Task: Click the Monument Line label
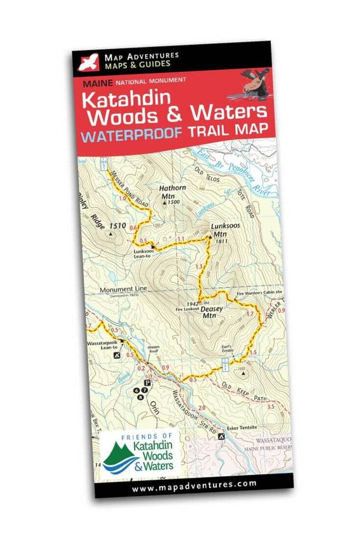pos(123,290)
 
